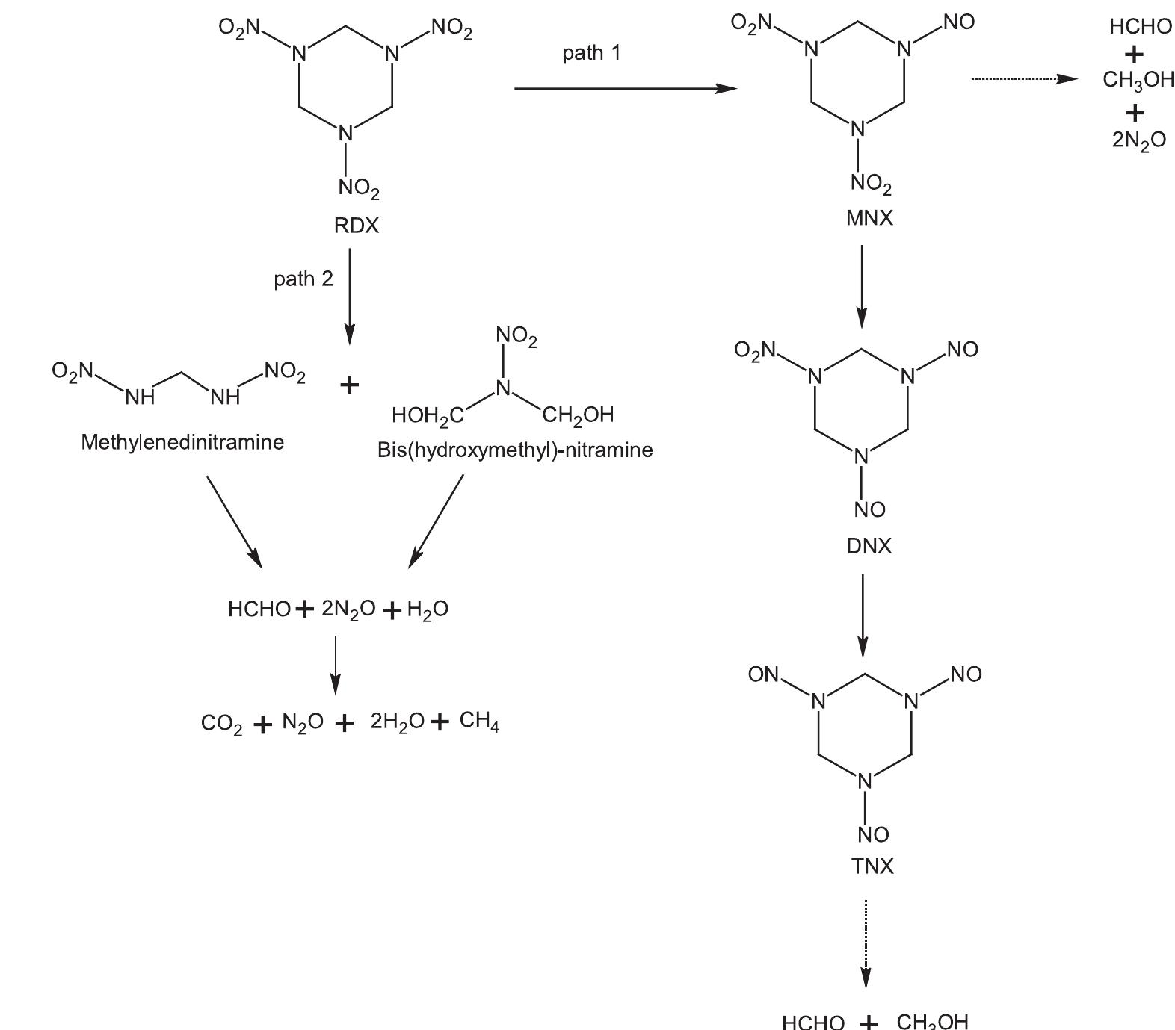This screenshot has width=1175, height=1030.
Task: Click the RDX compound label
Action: click(356, 226)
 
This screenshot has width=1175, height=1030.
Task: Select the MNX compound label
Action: click(869, 219)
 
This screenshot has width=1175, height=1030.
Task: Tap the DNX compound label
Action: click(869, 546)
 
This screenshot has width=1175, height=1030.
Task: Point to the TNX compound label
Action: click(872, 866)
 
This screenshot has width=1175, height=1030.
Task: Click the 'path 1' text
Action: click(591, 53)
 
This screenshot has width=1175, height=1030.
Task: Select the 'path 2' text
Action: click(303, 279)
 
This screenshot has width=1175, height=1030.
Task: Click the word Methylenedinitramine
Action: click(182, 442)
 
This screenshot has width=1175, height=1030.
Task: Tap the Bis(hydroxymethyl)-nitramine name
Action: click(515, 450)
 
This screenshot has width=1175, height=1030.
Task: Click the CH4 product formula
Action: click(479, 721)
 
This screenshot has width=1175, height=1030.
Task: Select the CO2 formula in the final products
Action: click(221, 724)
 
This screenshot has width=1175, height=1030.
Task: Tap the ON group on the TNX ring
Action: click(763, 674)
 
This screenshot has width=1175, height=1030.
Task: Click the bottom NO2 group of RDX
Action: click(359, 187)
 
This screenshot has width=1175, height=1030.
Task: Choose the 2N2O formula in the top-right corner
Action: click(1138, 140)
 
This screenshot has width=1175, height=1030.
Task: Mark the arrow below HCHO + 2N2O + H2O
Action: click(336, 663)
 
